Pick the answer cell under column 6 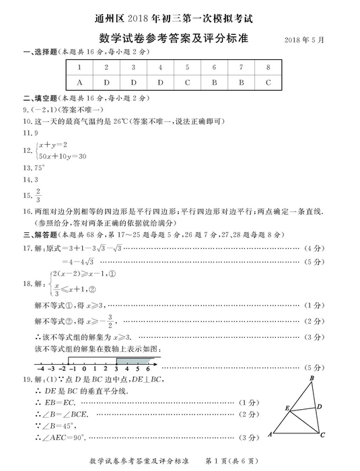pyautogui.click(x=213, y=82)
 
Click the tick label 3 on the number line pyautogui.click(x=116, y=369)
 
